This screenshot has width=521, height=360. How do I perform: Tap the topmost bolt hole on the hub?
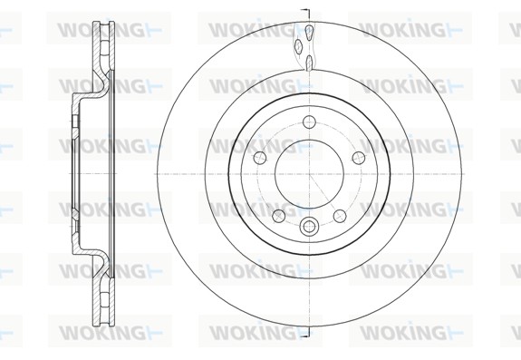pos(309,122)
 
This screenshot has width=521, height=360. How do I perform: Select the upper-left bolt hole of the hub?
pos(260,158)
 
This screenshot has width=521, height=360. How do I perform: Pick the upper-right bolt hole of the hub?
pos(359,158)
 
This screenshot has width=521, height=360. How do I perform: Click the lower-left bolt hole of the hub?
pos(279,216)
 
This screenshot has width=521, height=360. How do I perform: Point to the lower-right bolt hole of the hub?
pos(340,216)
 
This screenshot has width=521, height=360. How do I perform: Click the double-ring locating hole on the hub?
pos(309,227)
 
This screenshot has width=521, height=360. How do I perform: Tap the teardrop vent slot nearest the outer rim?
pos(309,33)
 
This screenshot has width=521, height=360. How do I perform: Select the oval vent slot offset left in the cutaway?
pos(299,46)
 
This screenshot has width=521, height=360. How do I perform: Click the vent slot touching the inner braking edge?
pos(309,63)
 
